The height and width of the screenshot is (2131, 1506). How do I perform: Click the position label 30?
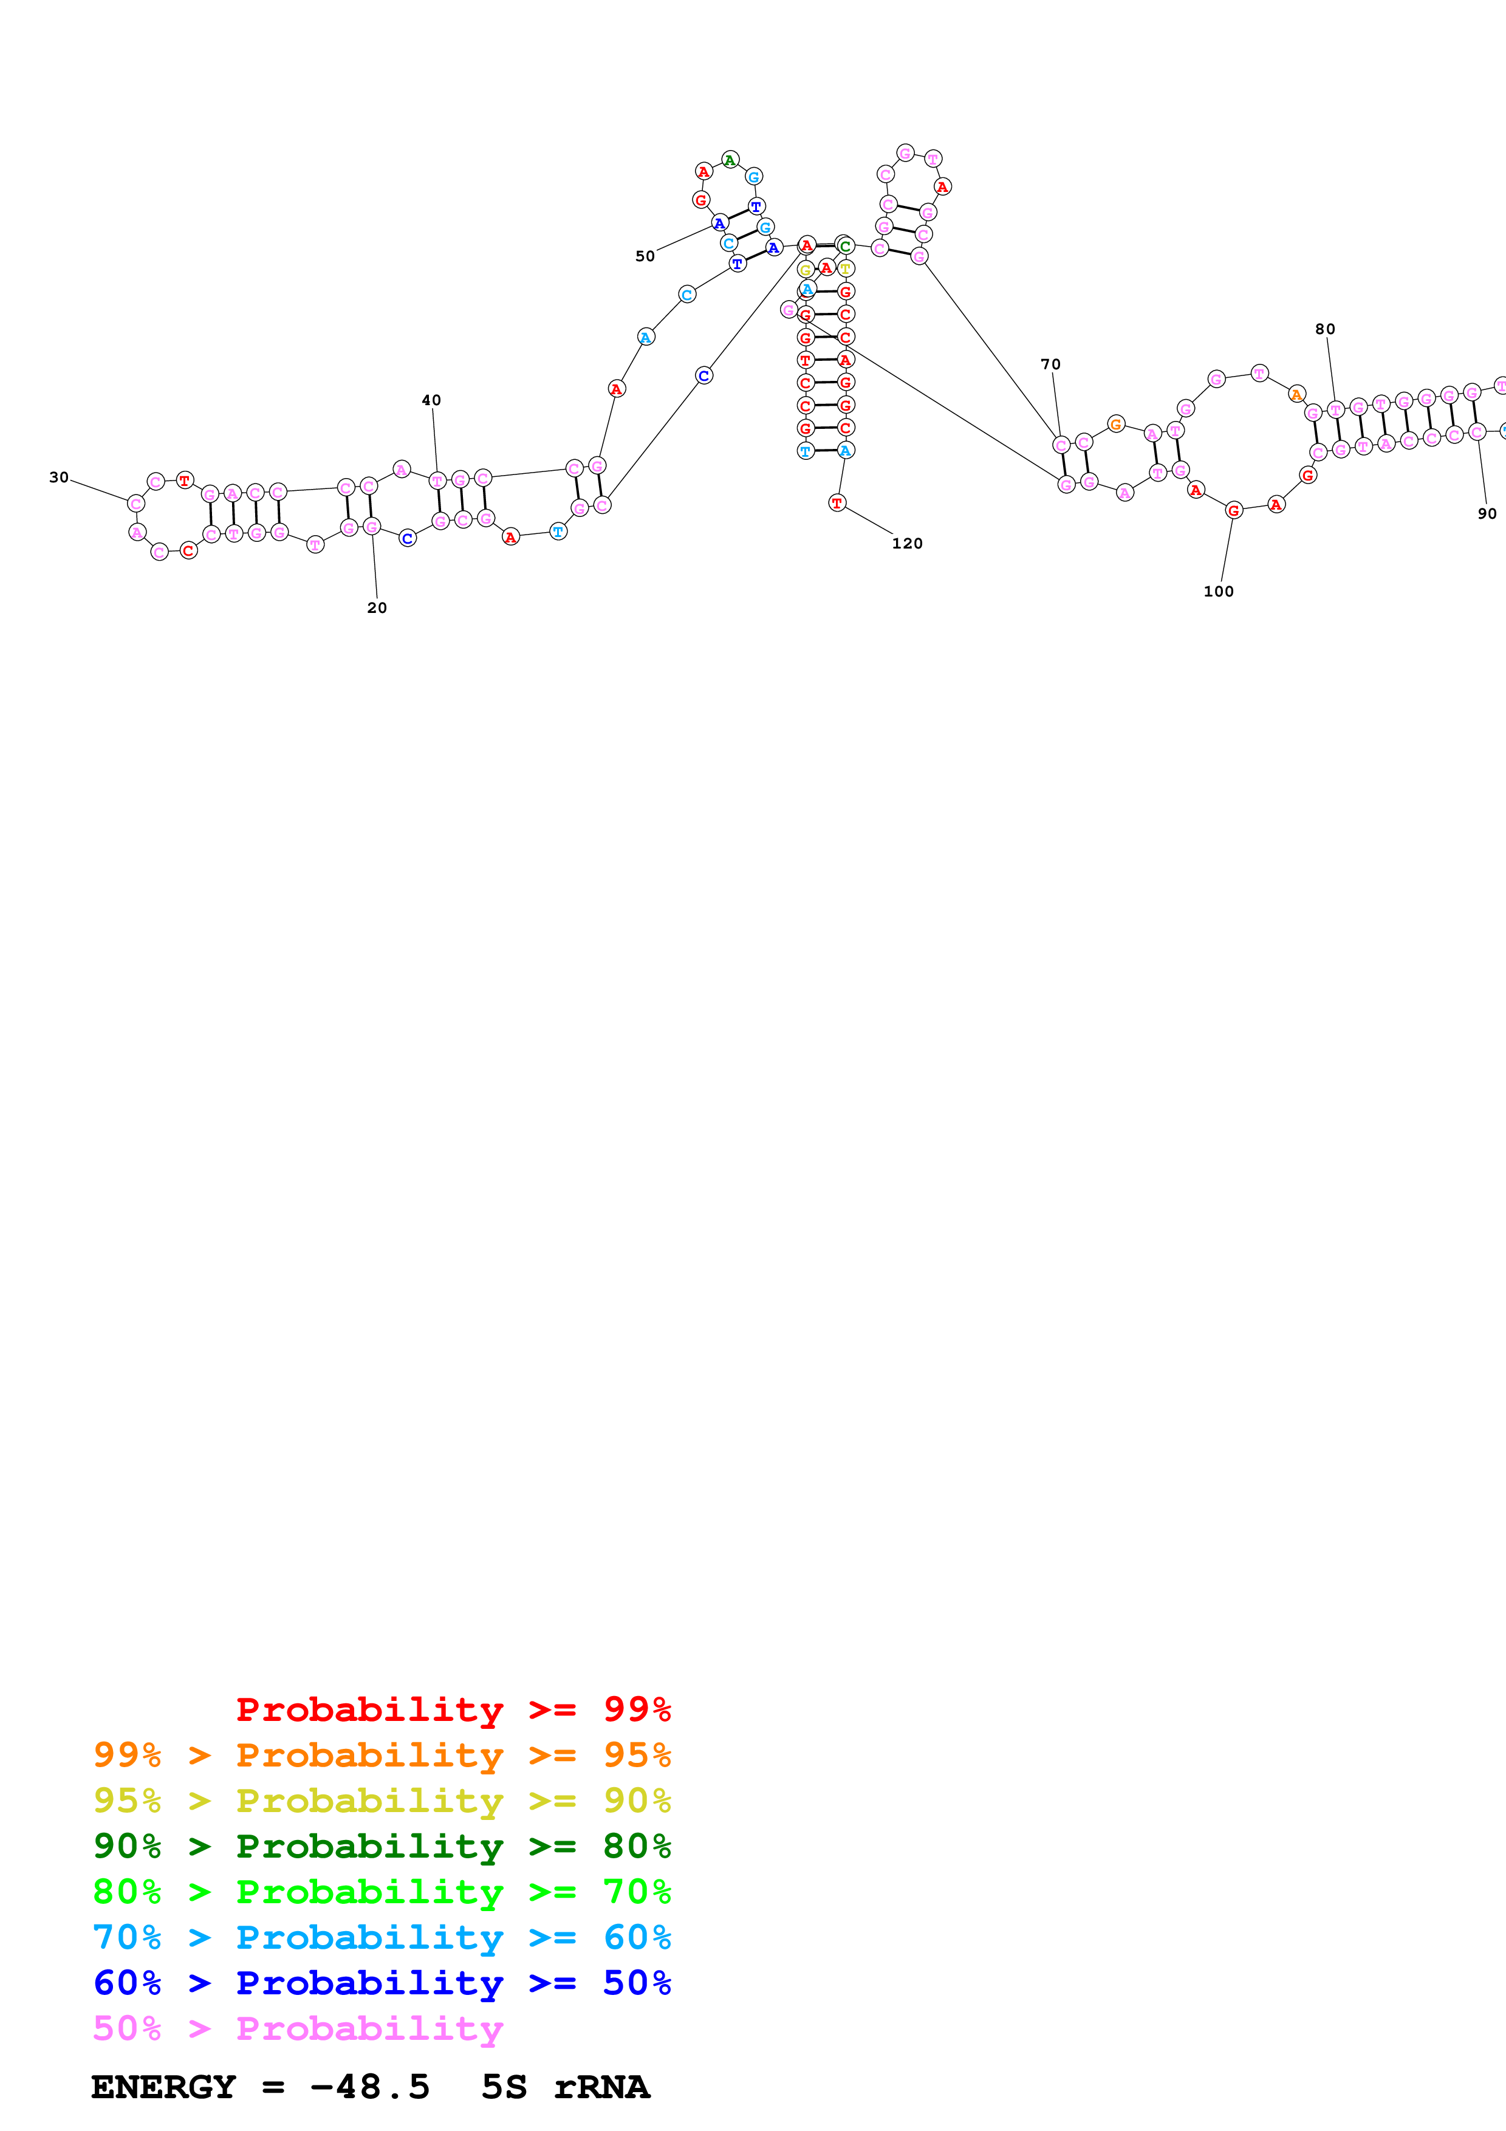point(58,477)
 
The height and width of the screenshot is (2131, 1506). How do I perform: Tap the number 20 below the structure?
point(377,608)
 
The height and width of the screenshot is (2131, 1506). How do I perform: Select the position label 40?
point(431,400)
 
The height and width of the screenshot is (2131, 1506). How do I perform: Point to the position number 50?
point(645,256)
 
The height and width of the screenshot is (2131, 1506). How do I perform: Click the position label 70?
point(1050,364)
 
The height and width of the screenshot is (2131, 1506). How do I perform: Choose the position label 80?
point(1325,329)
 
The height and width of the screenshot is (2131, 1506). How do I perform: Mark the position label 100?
point(1219,591)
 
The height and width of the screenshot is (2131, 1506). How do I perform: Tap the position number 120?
point(908,543)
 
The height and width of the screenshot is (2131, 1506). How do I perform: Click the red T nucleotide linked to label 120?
point(837,503)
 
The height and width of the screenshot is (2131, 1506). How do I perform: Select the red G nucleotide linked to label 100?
point(1233,510)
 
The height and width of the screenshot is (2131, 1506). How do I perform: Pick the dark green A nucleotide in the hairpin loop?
point(730,160)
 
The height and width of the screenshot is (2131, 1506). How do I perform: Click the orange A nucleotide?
point(1297,394)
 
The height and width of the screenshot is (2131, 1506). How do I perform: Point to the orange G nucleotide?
point(1116,424)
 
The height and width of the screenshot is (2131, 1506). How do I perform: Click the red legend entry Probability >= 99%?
point(453,1709)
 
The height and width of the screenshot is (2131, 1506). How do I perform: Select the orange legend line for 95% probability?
point(382,1754)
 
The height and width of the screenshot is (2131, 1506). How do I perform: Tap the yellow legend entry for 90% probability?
point(382,1800)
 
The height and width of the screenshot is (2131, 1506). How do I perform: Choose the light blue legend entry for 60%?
point(382,1937)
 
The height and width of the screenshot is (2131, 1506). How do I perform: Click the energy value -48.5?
point(369,2087)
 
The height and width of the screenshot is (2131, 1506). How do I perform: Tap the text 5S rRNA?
point(565,2087)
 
